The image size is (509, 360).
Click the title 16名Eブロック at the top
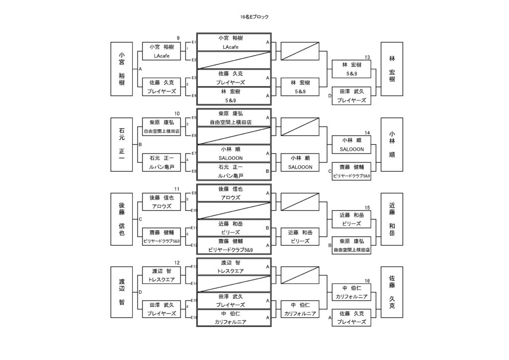pyautogui.click(x=254, y=17)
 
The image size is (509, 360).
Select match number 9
pyautogui.click(x=177, y=38)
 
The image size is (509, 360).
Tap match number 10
pyautogui.click(x=177, y=113)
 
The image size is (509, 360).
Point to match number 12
pyautogui.click(x=177, y=263)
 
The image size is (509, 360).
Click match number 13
pyautogui.click(x=367, y=57)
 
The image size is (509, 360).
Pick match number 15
pyautogui.click(x=367, y=207)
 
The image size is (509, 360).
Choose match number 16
pyautogui.click(x=367, y=281)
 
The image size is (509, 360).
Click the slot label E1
pyautogui.click(x=194, y=42)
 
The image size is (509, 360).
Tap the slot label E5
pyautogui.click(x=194, y=118)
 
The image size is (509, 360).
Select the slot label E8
pyautogui.click(x=194, y=171)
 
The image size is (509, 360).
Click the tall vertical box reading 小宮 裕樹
pyautogui.click(x=122, y=69)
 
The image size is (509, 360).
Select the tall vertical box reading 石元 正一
pyautogui.click(x=122, y=144)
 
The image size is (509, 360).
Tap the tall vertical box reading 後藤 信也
pyautogui.click(x=122, y=219)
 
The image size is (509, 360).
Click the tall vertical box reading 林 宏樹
pyautogui.click(x=392, y=69)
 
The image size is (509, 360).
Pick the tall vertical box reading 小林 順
pyautogui.click(x=392, y=144)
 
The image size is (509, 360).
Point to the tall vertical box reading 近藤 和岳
pyautogui.click(x=392, y=219)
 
